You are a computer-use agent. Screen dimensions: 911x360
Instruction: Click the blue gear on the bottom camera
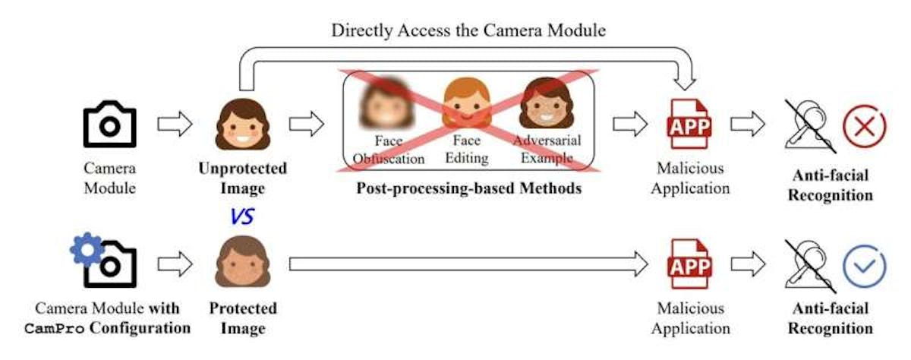coord(87,249)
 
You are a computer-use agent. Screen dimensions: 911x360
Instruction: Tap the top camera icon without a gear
coord(110,124)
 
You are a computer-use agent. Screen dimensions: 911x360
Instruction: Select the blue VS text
coord(242,216)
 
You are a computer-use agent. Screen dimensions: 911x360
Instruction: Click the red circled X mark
coord(864,126)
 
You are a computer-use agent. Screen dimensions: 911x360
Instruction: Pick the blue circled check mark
coord(864,267)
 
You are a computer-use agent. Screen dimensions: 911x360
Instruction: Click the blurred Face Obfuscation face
coord(386,103)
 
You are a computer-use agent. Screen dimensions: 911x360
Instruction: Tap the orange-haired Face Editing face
coord(466,103)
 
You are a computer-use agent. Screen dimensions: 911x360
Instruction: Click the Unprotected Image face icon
coord(242,125)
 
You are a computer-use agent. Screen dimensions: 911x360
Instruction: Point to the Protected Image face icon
coord(242,262)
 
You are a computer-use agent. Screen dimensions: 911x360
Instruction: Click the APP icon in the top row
coord(690,125)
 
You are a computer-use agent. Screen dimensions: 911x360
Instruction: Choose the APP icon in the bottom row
coord(690,264)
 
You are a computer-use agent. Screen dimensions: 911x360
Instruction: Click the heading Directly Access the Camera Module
coord(468,30)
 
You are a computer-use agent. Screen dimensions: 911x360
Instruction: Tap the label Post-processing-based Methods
coord(469,188)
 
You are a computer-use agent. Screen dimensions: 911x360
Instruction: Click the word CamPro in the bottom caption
coord(55,329)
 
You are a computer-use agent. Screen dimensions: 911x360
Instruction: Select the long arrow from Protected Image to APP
coord(468,264)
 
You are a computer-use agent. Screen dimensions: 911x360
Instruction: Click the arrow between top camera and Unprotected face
coord(175,124)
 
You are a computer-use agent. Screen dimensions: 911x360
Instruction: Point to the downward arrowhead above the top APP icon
coord(685,83)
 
